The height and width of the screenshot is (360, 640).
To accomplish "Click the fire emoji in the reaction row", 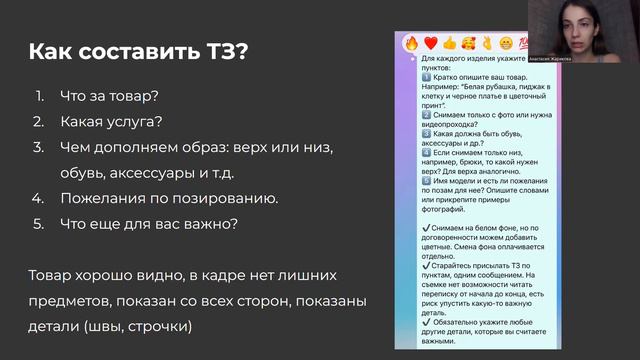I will pos(411,44).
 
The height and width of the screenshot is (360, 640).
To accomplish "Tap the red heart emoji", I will pos(431,44).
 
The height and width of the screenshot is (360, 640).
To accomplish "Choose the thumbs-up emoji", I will pos(450,44).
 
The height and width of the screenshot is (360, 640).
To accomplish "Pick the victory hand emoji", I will pos(488,44).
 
